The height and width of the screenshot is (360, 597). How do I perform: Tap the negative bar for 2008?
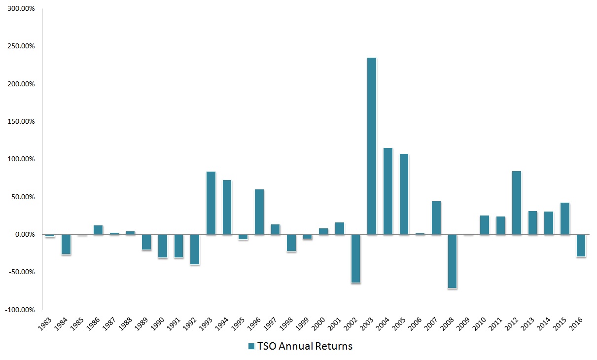452,261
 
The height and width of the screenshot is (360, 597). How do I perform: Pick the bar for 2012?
517,203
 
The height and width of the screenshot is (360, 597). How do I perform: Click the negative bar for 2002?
355,258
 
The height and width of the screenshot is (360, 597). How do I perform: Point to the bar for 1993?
211,203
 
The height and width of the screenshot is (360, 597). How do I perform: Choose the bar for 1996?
259,212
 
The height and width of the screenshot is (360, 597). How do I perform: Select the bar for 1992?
195,250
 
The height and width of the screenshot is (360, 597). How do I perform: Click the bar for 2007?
436,217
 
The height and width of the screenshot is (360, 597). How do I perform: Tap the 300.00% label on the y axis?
20,9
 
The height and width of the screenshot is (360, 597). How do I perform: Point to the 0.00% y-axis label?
23,235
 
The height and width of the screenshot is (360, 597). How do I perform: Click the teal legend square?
251,346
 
